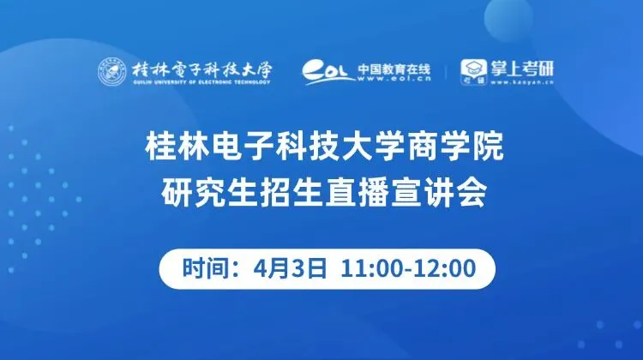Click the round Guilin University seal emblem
coord(112,72)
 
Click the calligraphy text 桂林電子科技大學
coord(201,69)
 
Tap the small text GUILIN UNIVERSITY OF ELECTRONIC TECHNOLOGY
coord(201,82)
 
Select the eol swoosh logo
coord(328,72)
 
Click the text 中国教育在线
coord(394,69)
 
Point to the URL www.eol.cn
coord(394,79)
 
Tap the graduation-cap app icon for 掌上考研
coord(473,72)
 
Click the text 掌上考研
coord(522,69)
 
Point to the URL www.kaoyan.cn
coord(522,82)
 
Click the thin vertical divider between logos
coord(446,72)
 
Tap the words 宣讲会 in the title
coord(438,192)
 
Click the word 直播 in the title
coord(357,192)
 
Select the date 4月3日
coord(290,268)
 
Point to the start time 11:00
coord(373,268)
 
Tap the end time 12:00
coord(444,268)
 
